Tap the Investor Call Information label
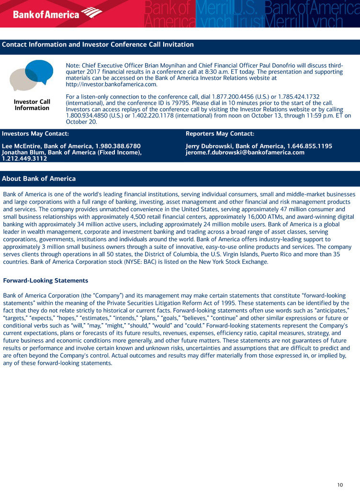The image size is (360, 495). (x=32, y=105)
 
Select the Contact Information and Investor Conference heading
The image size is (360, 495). (x=98, y=45)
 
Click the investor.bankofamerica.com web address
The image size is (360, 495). (x=112, y=85)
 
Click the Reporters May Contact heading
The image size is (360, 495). (x=220, y=134)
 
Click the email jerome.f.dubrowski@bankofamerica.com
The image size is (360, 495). (x=245, y=152)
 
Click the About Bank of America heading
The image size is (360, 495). (x=39, y=179)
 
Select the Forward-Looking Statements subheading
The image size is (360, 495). (x=45, y=281)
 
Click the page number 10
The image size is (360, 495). (x=340, y=485)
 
